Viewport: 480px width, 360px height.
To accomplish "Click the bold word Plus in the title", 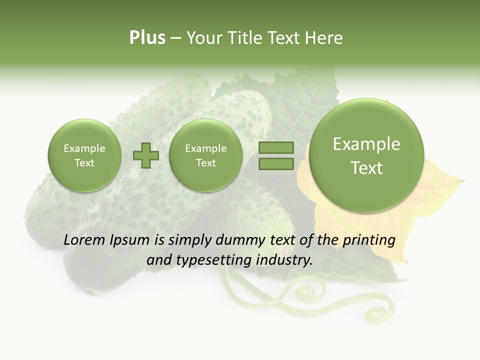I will click(147, 38).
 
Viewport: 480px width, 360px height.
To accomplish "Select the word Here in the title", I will click(324, 38).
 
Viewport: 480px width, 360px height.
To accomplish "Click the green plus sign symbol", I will click(146, 155).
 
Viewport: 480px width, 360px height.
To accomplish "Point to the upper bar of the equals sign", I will click(275, 148).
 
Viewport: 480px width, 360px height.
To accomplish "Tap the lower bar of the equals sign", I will click(275, 163).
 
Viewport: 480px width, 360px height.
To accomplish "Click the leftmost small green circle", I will click(84, 155).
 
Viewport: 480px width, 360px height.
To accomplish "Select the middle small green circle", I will click(206, 155).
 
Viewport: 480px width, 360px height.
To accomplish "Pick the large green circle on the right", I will click(366, 155).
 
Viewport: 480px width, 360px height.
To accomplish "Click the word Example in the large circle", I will click(366, 144).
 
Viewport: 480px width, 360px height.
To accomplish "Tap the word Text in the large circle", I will click(366, 168).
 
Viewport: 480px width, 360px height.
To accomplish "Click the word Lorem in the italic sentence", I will click(85, 240).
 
